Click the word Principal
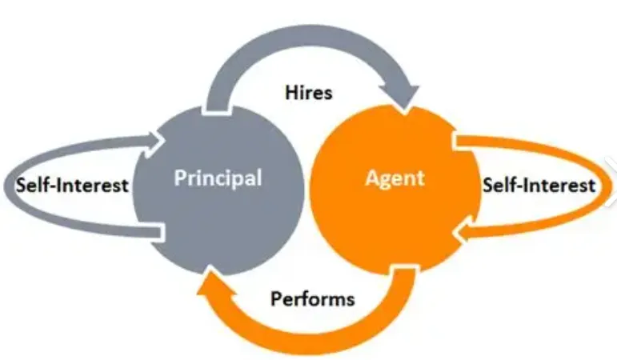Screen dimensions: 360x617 [218, 178]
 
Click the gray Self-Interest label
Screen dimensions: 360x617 [73, 186]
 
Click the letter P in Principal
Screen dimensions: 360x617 [180, 177]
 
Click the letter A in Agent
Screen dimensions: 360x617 [371, 178]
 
